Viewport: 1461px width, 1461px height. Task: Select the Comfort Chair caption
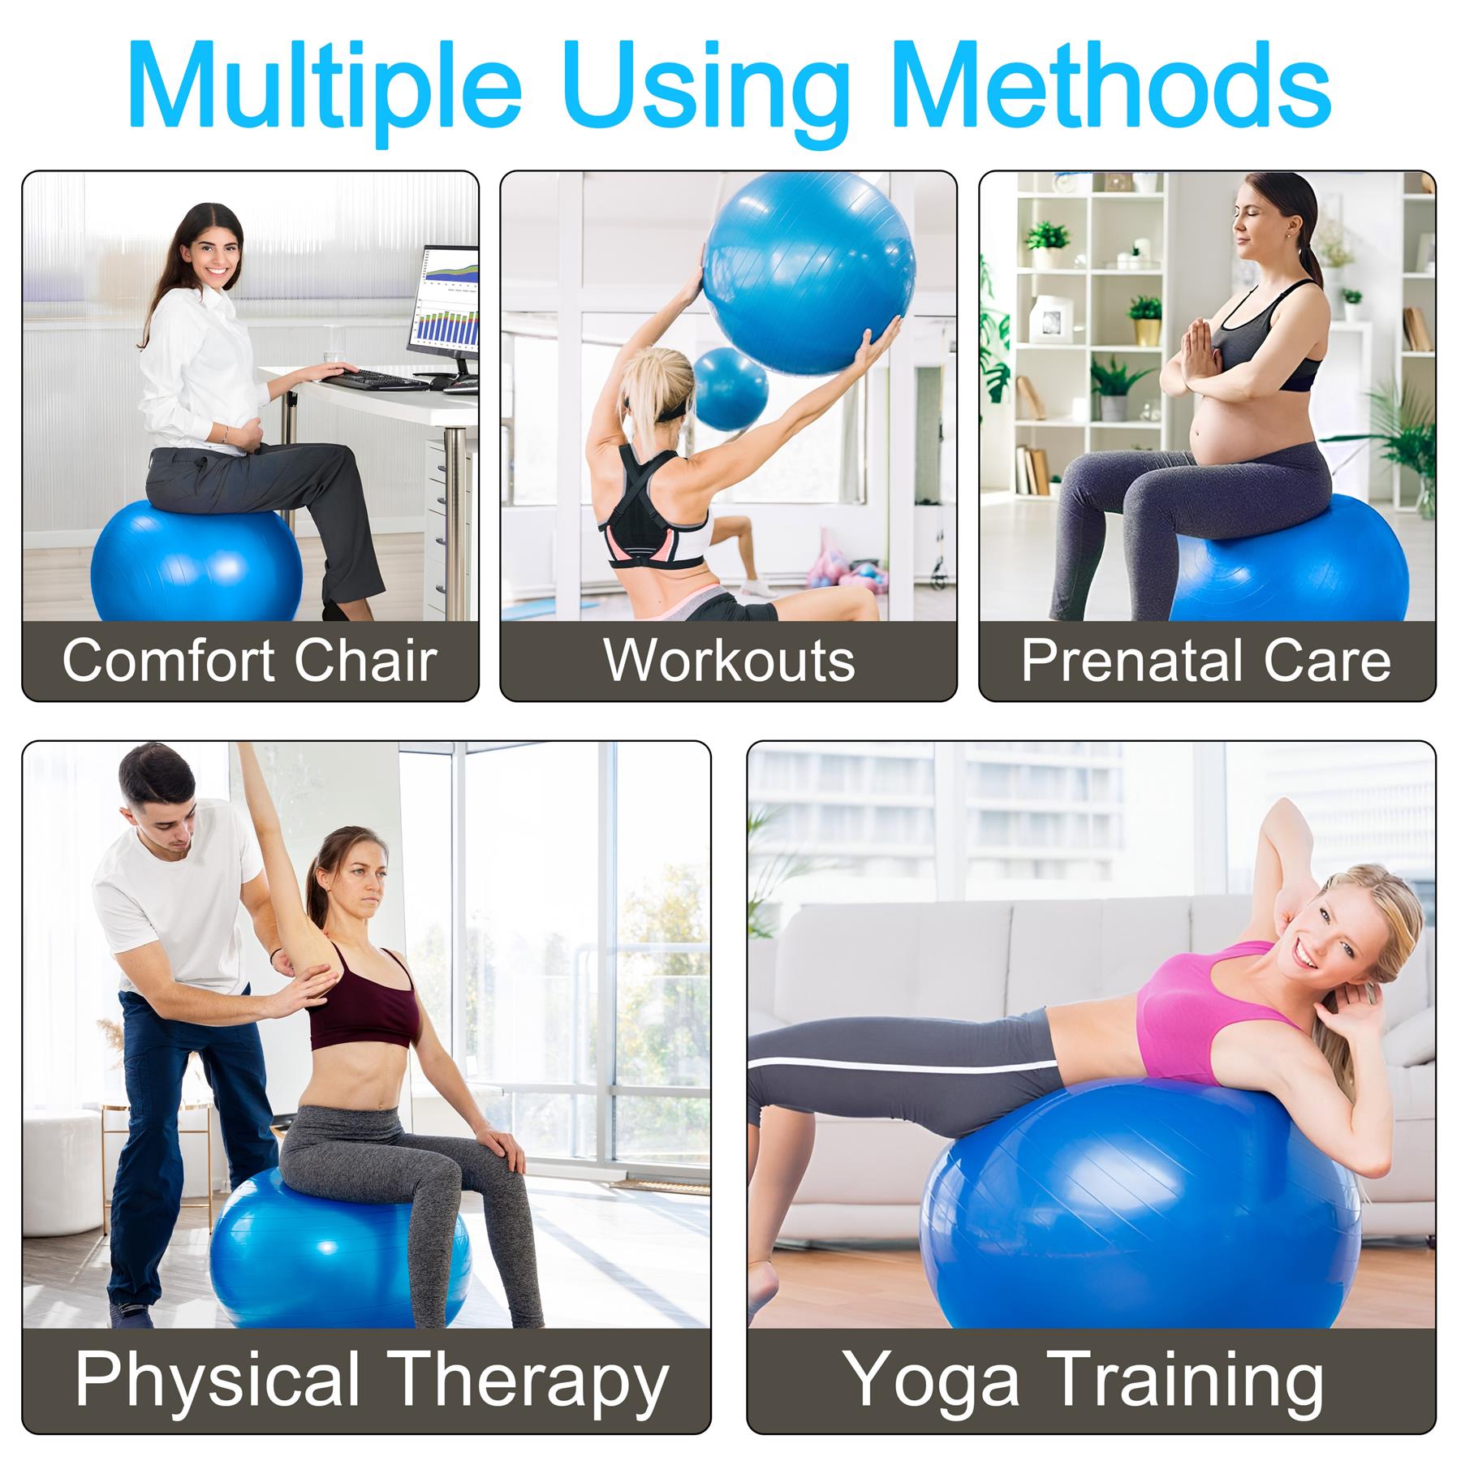click(x=250, y=660)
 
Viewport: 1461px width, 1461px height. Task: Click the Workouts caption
click(x=729, y=660)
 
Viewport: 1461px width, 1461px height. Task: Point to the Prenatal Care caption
click(x=1206, y=660)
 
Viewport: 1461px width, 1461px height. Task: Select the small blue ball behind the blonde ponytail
click(x=730, y=389)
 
